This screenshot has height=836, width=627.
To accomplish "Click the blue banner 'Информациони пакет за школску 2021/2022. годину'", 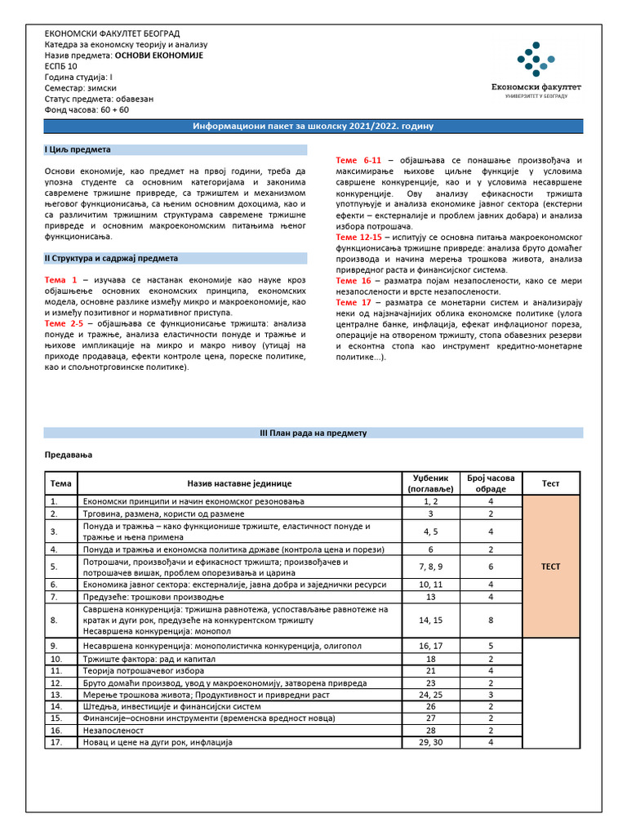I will (313, 127).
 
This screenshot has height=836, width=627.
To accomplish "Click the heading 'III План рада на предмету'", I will (313, 433).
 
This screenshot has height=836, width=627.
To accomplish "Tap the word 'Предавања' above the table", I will (68, 454).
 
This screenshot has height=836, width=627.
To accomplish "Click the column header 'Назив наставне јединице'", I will (239, 484).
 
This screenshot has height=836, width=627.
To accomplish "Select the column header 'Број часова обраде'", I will (491, 483).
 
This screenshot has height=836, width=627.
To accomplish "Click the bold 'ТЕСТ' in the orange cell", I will (551, 567).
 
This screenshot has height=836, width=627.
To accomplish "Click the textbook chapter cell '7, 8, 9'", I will (431, 567).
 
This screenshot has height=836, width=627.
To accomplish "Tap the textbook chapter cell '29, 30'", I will (431, 743).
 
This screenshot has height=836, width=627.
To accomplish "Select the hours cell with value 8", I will (491, 620).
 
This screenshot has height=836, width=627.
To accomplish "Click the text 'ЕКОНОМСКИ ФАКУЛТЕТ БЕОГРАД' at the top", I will (113, 33).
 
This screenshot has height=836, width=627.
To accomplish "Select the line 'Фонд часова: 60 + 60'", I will (87, 109).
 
